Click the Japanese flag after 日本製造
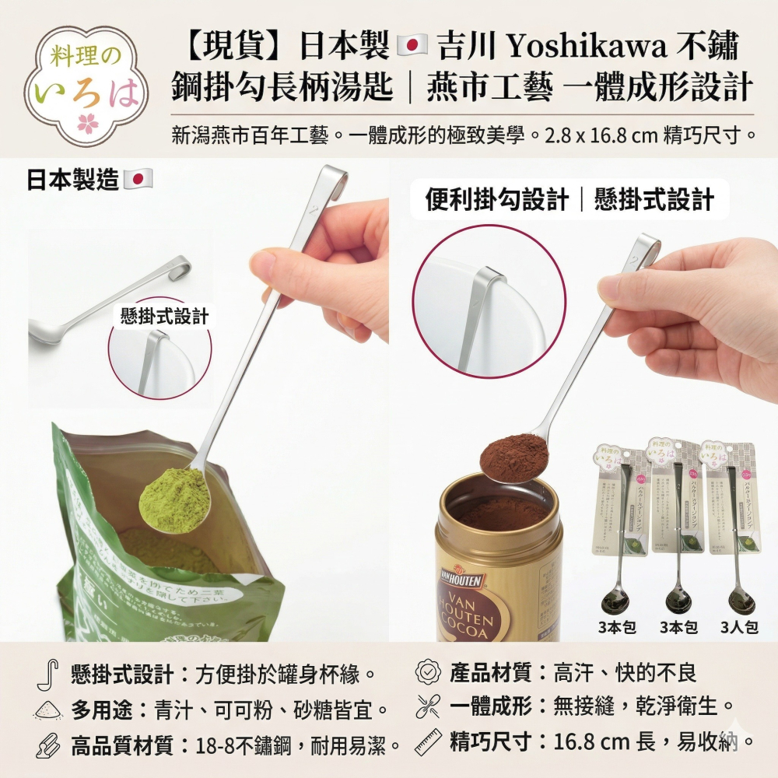[x=138, y=180]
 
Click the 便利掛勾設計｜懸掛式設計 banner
[x=569, y=200]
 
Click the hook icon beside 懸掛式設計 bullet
[x=46, y=675]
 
